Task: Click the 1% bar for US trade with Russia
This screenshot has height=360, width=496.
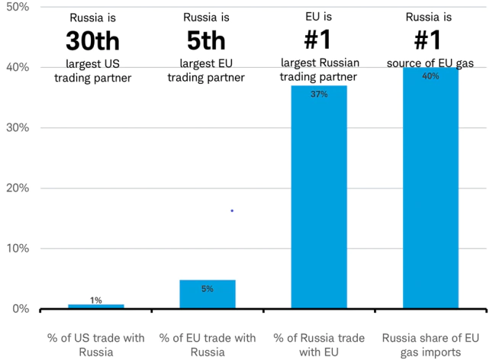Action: [x=96, y=306]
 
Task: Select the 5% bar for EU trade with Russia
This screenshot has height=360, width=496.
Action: [x=208, y=294]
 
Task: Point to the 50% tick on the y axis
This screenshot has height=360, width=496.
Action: [x=17, y=7]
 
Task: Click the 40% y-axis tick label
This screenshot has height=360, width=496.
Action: [x=17, y=67]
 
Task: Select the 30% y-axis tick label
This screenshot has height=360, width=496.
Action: [x=17, y=127]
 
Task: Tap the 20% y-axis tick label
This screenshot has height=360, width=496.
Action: [x=17, y=188]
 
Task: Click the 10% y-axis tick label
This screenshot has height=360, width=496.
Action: [x=17, y=248]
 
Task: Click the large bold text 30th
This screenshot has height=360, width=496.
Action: [x=93, y=40]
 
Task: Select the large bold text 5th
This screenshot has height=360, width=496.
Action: [x=207, y=40]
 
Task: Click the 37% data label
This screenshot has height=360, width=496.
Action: [x=319, y=95]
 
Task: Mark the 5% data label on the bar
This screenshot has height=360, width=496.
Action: [x=208, y=289]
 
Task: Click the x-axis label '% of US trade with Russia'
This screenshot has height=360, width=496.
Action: [x=96, y=345]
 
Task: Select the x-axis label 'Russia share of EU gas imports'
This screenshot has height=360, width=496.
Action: [x=430, y=345]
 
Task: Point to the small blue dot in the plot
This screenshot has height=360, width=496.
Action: [x=232, y=211]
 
